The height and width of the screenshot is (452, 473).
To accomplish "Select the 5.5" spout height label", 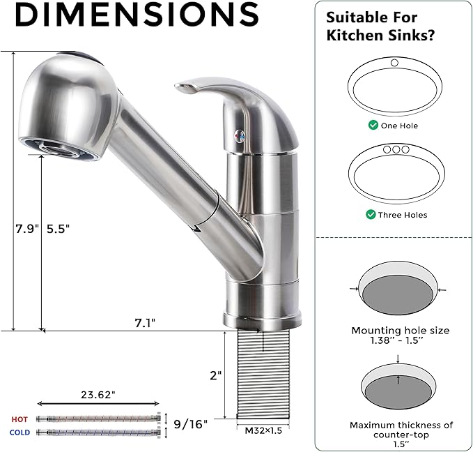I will [59, 227].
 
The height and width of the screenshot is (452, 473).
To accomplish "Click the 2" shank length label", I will [215, 375].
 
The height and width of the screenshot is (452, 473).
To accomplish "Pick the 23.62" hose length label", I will [97, 393].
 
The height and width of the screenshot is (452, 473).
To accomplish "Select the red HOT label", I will [20, 419].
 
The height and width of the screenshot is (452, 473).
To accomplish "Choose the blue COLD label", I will [20, 432].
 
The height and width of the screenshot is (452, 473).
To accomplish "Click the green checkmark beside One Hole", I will [373, 126].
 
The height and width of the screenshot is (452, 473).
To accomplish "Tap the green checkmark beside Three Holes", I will [371, 215].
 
